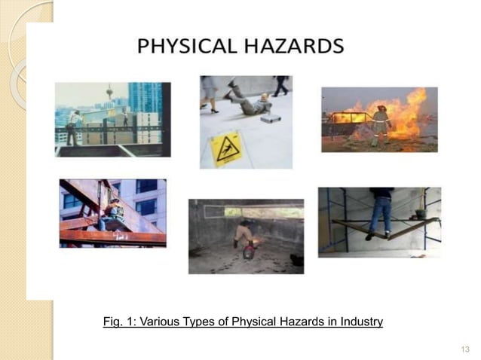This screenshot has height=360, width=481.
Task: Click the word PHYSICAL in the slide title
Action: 189,47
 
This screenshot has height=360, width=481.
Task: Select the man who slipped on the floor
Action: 253,101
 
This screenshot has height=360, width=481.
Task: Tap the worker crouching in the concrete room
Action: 243,233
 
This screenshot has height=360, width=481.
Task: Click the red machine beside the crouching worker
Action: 248,252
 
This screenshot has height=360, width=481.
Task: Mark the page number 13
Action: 464,348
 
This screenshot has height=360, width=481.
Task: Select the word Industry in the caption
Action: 360,322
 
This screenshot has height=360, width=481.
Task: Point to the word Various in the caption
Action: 155,322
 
